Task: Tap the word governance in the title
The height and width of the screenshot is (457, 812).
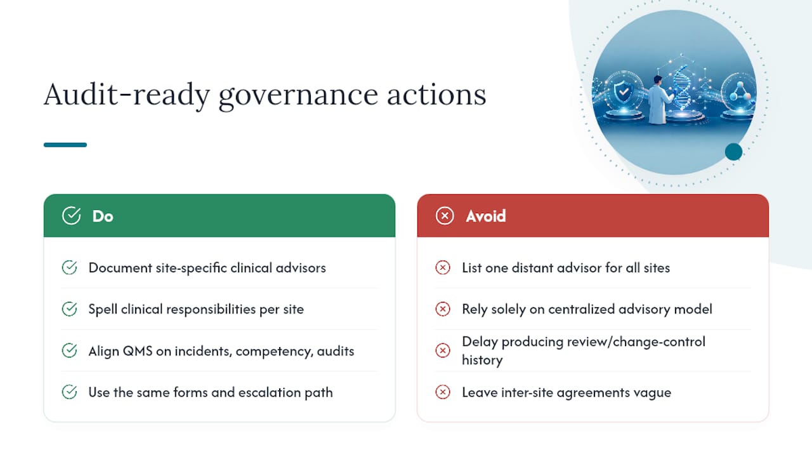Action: coord(298,96)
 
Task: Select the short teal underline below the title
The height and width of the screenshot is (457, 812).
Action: coord(65,145)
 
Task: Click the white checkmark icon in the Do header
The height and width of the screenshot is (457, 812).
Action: coord(71,216)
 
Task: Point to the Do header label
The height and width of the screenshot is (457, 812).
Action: coord(103,216)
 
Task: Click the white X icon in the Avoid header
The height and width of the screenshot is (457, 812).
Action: coord(445,216)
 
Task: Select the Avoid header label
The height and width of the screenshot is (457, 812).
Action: coord(486,216)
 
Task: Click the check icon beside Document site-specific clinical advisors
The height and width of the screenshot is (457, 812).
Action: coord(69,268)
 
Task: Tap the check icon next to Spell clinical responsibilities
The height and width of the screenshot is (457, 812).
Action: coord(69,309)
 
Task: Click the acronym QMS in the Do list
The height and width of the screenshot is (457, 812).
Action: coord(138,351)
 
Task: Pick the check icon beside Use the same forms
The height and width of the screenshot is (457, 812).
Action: coord(69,392)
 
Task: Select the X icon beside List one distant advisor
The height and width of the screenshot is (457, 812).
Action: coord(443,268)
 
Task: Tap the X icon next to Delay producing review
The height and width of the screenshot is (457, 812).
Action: coord(443,350)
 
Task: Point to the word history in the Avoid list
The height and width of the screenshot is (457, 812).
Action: coord(482,360)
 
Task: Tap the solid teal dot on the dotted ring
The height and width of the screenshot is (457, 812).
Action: coord(733,152)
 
